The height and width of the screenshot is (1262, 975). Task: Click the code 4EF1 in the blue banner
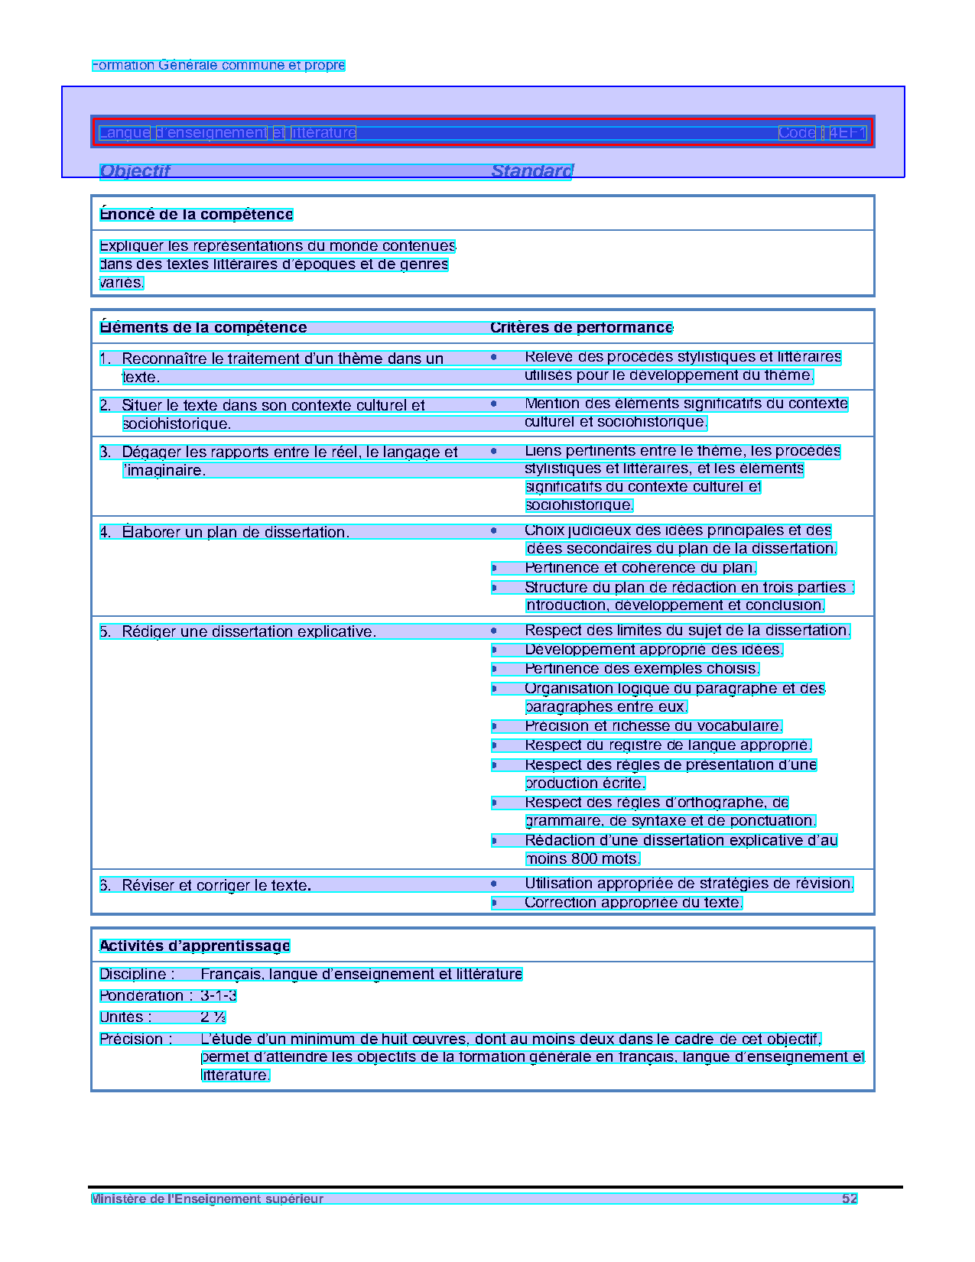tap(847, 133)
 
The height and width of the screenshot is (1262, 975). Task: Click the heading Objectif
tap(135, 171)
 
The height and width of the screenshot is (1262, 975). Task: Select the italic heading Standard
tap(531, 171)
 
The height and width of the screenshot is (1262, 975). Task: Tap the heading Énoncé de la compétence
tap(197, 215)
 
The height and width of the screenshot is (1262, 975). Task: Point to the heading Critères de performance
tap(581, 328)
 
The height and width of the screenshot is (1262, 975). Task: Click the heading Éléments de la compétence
tap(203, 328)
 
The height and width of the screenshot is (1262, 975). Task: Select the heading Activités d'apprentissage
tap(195, 946)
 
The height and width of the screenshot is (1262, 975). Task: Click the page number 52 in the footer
tap(850, 1199)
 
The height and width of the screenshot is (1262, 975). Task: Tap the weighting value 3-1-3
tap(219, 996)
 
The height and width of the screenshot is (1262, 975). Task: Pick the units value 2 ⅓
tap(213, 1017)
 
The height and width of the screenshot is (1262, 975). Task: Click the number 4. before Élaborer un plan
tap(106, 532)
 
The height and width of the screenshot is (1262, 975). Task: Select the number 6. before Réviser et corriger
tap(106, 885)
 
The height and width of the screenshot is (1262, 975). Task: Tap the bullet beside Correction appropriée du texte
tap(494, 903)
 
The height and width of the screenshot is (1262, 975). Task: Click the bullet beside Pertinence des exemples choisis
tap(494, 670)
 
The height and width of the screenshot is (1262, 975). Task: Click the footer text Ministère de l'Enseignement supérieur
tap(207, 1199)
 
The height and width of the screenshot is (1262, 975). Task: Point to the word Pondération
tap(142, 996)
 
